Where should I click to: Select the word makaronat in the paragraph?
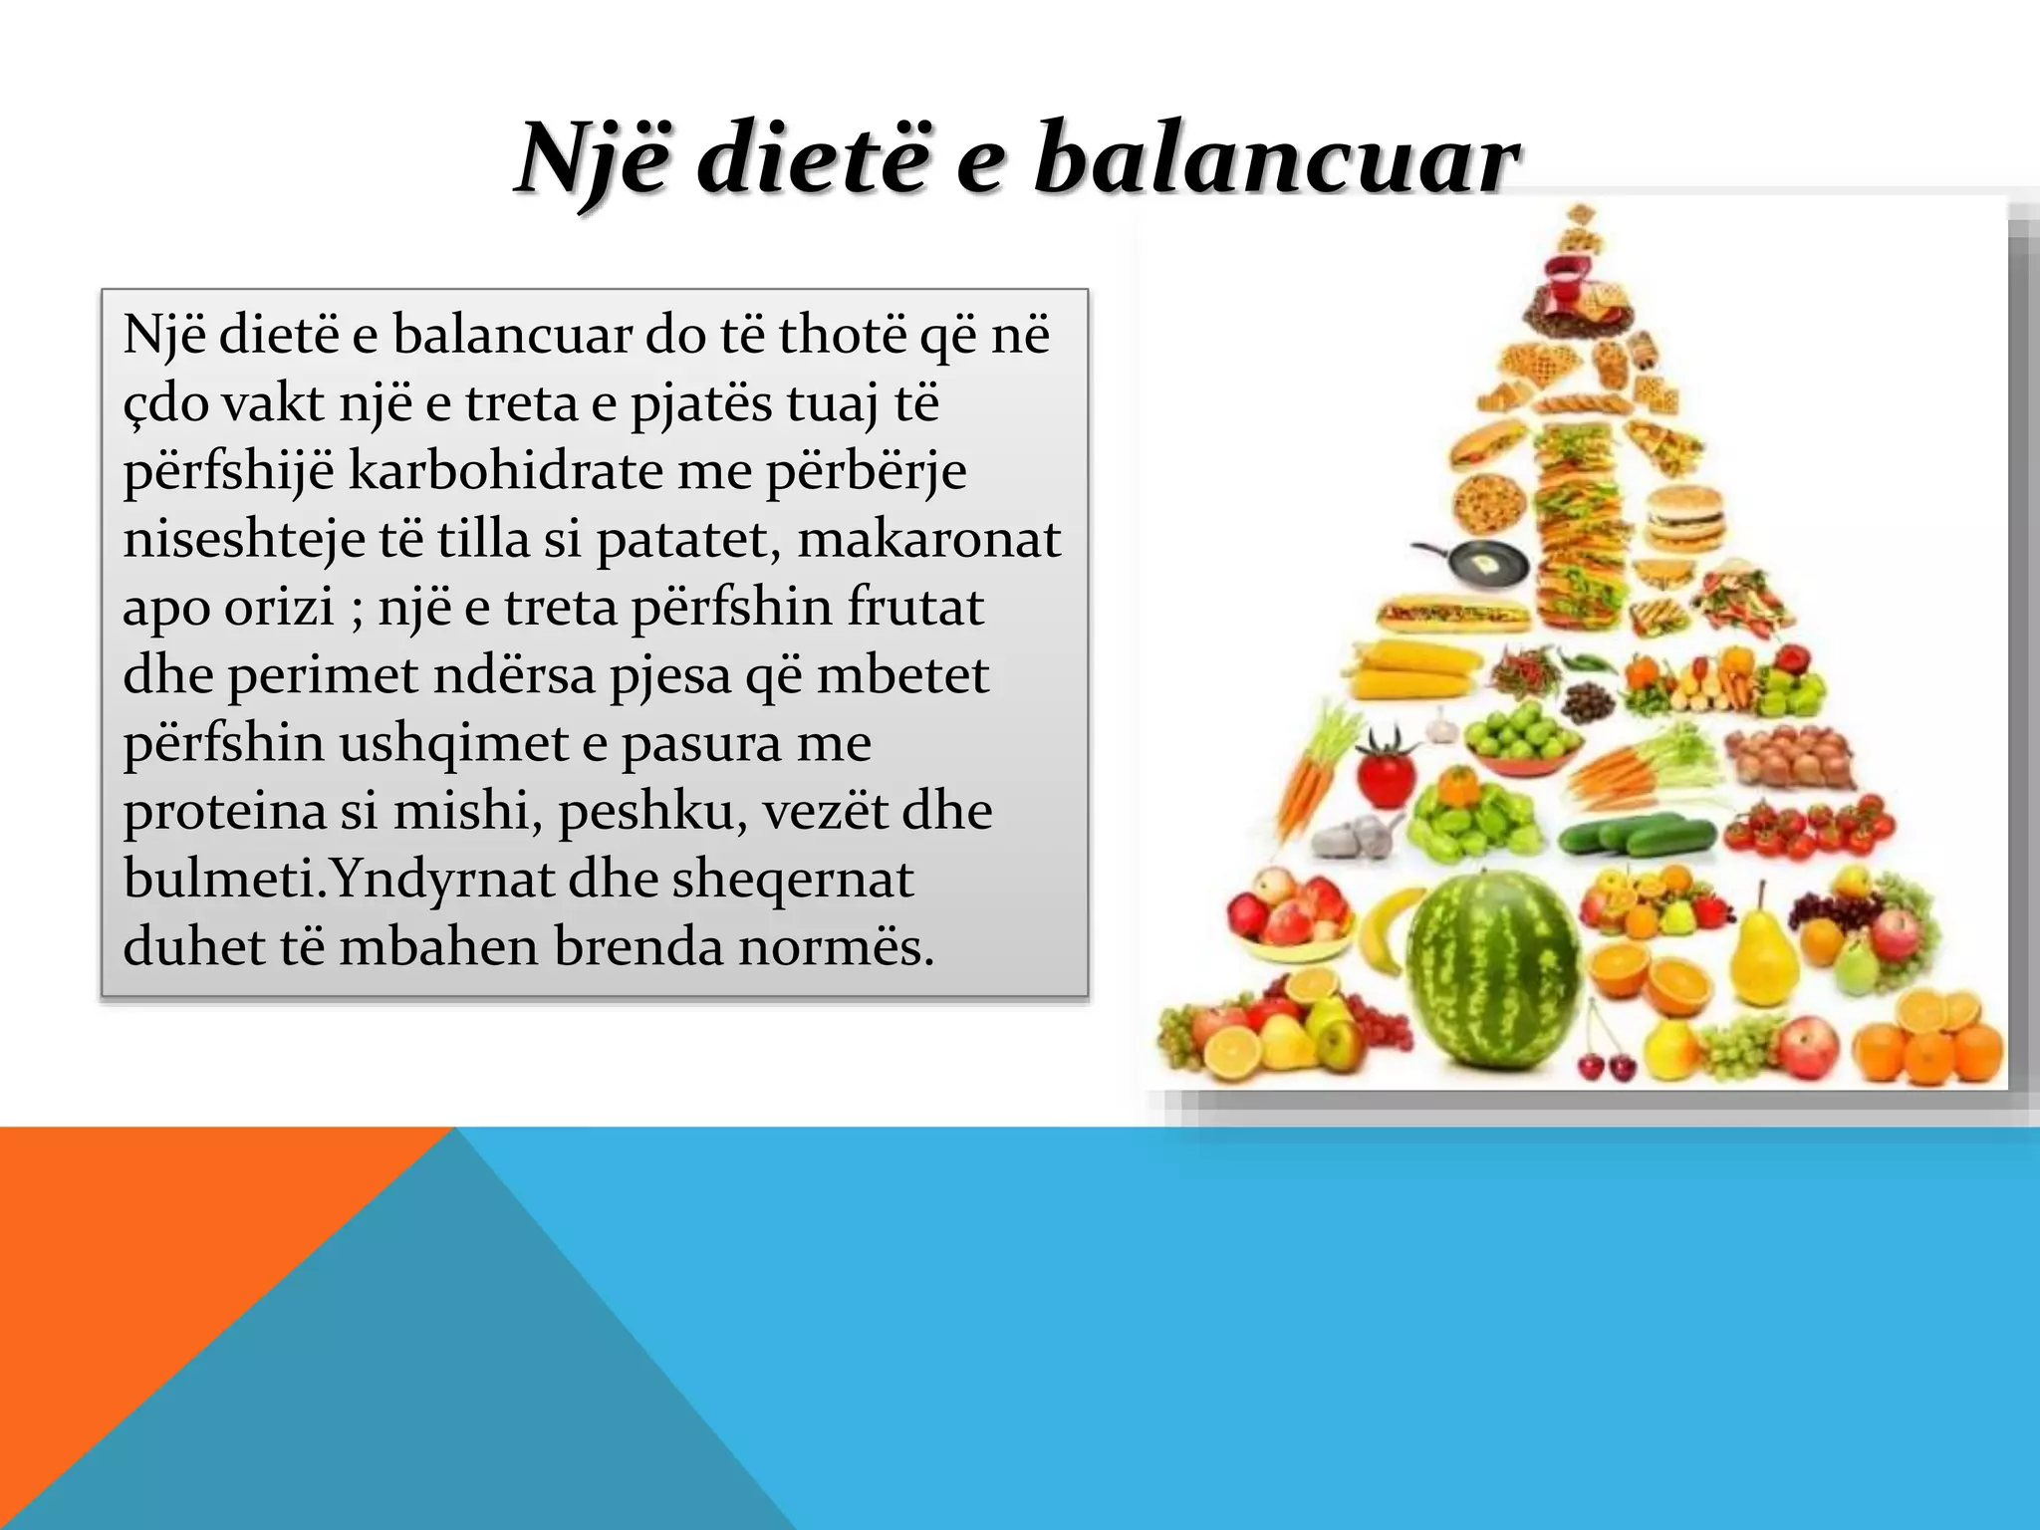tap(928, 539)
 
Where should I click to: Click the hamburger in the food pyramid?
tap(1683, 517)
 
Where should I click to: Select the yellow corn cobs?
tap(1412, 669)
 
